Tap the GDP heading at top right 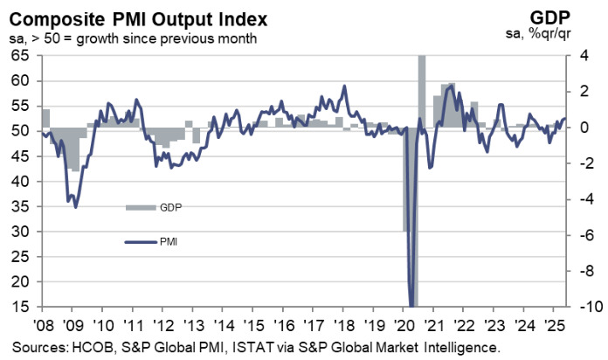578,17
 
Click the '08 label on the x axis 44,323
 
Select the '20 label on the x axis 403,323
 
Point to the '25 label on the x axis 552,323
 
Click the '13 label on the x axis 193,323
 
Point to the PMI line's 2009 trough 76,206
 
